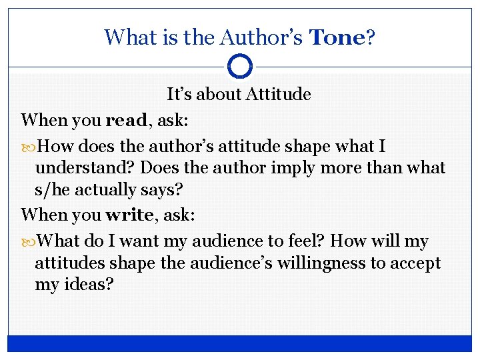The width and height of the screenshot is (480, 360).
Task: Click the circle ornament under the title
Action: (240, 67)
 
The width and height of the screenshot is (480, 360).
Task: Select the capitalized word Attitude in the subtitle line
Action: (278, 95)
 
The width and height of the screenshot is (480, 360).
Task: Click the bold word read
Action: (125, 121)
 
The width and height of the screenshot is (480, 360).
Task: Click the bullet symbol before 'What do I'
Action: (27, 241)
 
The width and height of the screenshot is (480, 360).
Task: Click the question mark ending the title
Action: (371, 37)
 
